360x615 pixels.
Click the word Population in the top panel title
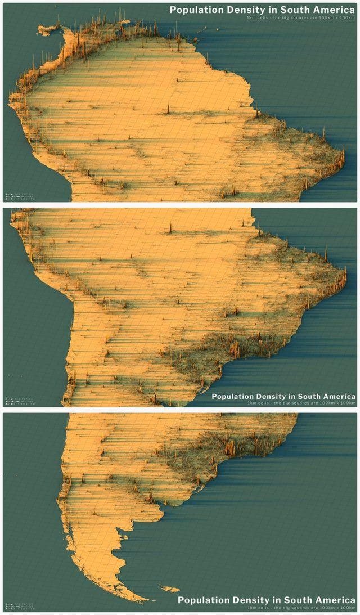(x=194, y=10)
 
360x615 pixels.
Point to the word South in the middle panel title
(x=308, y=396)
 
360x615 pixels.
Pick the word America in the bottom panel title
(x=335, y=600)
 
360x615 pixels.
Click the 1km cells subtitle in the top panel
(x=300, y=17)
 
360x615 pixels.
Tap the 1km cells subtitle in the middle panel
(x=300, y=403)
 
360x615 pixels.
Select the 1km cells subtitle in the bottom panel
(x=300, y=607)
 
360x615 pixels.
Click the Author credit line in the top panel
(x=17, y=199)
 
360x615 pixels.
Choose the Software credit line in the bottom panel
(x=17, y=606)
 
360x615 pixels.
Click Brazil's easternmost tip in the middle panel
(x=345, y=277)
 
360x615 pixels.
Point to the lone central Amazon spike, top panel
(x=169, y=109)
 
